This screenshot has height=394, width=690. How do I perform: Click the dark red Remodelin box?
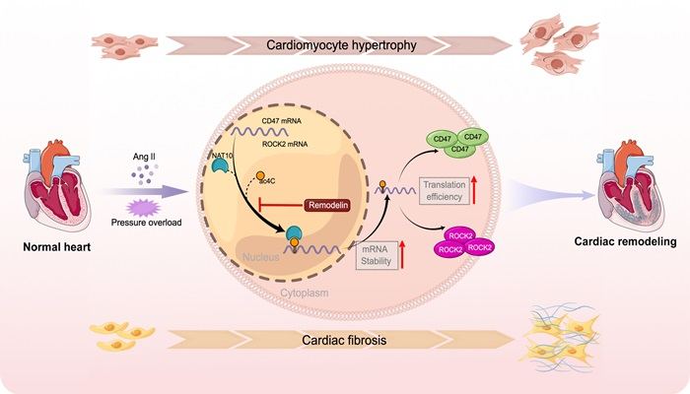pyautogui.click(x=328, y=205)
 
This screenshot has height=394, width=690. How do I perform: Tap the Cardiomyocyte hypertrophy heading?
pyautogui.click(x=341, y=45)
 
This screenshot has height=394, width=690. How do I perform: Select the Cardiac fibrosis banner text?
pyautogui.click(x=344, y=340)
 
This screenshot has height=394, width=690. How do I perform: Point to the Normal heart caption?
pyautogui.click(x=57, y=246)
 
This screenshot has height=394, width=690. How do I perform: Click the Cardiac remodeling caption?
pyautogui.click(x=625, y=241)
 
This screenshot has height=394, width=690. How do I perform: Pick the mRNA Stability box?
pyautogui.click(x=377, y=255)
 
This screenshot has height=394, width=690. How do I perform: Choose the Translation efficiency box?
pyautogui.click(x=444, y=191)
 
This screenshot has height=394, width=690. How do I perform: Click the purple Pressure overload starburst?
pyautogui.click(x=144, y=208)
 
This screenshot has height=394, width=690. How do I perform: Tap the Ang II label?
pyautogui.click(x=144, y=157)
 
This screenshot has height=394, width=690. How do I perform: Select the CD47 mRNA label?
pyautogui.click(x=282, y=121)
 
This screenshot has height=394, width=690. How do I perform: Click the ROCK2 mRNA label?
pyautogui.click(x=285, y=144)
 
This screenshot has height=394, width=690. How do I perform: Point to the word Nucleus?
pyautogui.click(x=261, y=257)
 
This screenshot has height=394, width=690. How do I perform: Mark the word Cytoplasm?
pyautogui.click(x=304, y=293)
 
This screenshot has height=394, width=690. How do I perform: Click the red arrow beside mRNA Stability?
pyautogui.click(x=402, y=254)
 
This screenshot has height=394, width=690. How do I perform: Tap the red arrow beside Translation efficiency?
pyautogui.click(x=474, y=189)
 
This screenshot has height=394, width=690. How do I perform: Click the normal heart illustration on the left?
pyautogui.click(x=56, y=184)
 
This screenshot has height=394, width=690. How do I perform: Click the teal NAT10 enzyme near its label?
pyautogui.click(x=219, y=166)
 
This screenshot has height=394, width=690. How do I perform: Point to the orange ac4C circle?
pyautogui.click(x=260, y=175)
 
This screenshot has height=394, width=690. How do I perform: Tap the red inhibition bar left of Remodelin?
pyautogui.click(x=281, y=205)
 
